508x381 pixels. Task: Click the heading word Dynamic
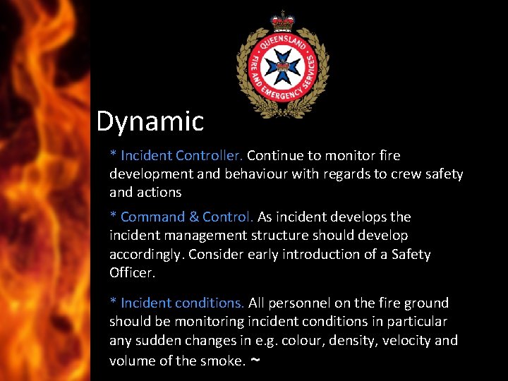click(150, 121)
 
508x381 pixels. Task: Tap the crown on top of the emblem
click(282, 19)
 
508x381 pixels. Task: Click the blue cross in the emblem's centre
click(282, 67)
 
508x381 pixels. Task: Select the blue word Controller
click(210, 155)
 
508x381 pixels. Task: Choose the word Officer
click(131, 272)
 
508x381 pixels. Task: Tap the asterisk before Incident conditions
click(113, 302)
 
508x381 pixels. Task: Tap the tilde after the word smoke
click(255, 360)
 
